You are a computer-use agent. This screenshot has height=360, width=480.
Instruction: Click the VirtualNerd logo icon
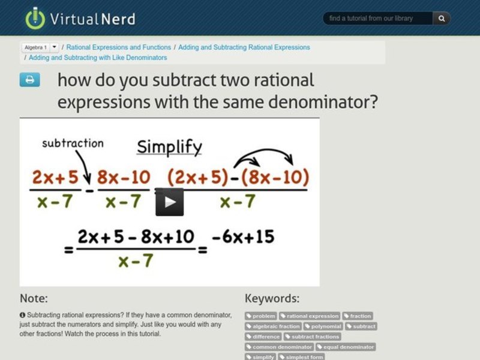tap(35, 18)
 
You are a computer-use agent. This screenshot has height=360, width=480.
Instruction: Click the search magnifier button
tap(442, 19)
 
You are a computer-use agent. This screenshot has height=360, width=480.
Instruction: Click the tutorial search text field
tap(378, 19)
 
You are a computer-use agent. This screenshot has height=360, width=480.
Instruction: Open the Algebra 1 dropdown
tap(54, 47)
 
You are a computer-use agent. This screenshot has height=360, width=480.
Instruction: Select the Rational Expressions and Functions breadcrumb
tap(119, 47)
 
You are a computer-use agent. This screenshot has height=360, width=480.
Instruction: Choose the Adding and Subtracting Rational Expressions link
tap(244, 47)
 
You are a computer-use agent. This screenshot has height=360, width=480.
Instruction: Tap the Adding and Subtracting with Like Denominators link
tap(98, 58)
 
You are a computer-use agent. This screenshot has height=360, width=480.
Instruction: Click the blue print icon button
tap(29, 80)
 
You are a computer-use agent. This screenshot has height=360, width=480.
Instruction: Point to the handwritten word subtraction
tap(73, 143)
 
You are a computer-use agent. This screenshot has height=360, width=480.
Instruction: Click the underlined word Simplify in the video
tap(169, 147)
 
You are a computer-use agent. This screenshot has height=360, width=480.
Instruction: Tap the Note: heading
tap(34, 298)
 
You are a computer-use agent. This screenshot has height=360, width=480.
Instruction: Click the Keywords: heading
tap(272, 298)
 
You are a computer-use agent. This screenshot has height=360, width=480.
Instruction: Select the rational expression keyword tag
tap(310, 316)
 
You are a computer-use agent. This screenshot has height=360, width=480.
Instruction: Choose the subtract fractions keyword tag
tap(312, 337)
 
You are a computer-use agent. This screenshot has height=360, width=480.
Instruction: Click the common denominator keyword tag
tap(280, 347)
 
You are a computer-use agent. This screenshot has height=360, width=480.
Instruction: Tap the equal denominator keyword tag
tap(346, 347)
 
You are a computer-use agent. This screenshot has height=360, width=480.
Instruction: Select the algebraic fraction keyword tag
tap(273, 326)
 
